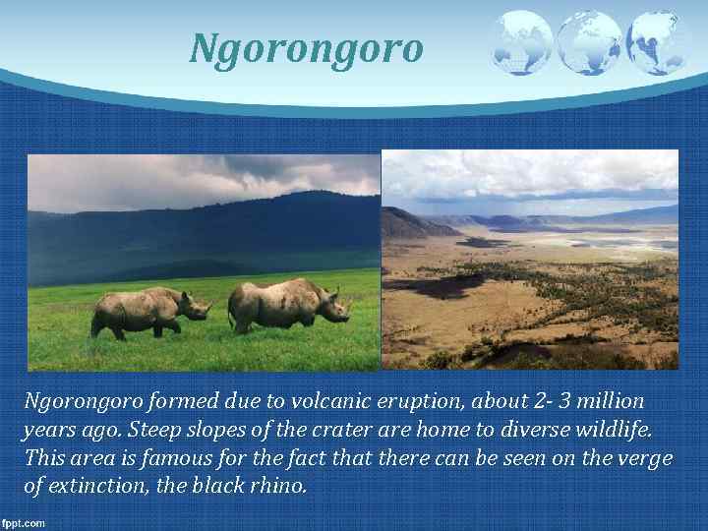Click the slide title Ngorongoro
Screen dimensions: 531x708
point(307,47)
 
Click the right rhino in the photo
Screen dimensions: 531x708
point(287,305)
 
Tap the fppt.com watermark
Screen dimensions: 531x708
point(24,522)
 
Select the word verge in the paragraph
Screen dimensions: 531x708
point(644,458)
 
